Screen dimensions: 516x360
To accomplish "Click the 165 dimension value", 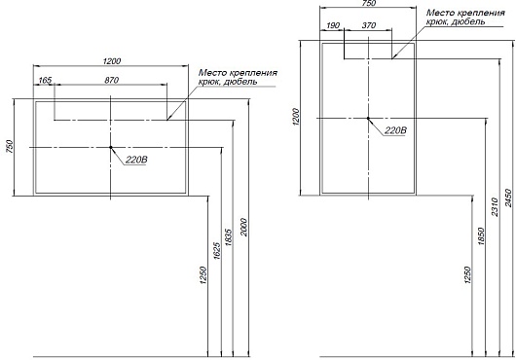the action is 45,80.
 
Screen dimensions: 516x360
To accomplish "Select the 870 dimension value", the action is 112,80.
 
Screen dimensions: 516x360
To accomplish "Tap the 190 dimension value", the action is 333,25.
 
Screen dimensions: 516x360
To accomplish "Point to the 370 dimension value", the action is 369,25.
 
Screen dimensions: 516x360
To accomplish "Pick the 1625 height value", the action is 217,251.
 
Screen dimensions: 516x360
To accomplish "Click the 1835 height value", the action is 229,237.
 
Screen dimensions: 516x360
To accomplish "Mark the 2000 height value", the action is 243,227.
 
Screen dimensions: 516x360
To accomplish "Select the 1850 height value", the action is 481,236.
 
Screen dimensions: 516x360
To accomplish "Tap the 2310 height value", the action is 495,207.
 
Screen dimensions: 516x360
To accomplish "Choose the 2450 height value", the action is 509,198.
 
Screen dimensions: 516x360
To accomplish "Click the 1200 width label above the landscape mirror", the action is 112,61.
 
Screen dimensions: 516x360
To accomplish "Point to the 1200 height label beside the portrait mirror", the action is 296,117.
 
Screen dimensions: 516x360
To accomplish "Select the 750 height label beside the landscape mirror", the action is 10,147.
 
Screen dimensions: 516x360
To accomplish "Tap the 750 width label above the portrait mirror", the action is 369,3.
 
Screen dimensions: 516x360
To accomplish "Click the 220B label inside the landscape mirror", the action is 136,161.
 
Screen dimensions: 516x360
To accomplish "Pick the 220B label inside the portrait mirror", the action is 395,130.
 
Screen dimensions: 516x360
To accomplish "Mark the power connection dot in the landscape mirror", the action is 111,147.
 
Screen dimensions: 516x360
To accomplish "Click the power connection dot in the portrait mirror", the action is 368,118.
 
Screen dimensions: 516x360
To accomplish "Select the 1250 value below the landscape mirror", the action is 203,274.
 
